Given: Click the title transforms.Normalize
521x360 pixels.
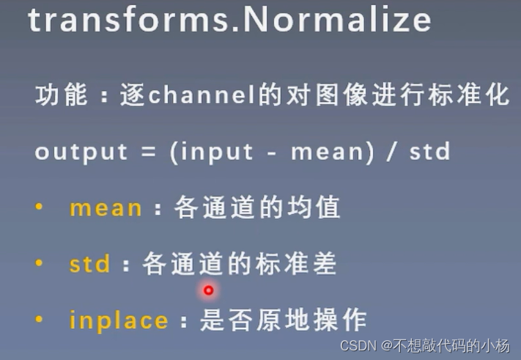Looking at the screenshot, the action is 230,20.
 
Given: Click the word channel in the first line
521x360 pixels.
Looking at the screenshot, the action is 202,95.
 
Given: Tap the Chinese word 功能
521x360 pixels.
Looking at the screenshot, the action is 62,95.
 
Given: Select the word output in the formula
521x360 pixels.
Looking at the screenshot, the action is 81,153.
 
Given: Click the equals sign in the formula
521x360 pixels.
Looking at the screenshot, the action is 149,152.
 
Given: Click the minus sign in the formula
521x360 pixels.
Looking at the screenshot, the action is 272,153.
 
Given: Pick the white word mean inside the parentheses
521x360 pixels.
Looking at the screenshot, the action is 328,153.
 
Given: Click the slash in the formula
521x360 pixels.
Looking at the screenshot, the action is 391,153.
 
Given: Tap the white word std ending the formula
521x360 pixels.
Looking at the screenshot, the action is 429,152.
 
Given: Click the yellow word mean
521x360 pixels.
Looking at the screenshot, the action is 106,209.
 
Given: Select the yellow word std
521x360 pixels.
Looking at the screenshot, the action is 89,264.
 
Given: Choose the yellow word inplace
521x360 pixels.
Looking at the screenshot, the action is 119,320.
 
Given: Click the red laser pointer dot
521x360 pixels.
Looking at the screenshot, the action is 209,290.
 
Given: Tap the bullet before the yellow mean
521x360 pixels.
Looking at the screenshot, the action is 39,207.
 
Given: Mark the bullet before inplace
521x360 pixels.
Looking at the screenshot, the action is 39,319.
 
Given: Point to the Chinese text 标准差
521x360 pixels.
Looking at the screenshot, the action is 296,263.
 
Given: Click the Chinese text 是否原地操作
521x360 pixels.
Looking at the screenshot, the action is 283,320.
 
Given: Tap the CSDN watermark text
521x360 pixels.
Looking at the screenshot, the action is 425,346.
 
